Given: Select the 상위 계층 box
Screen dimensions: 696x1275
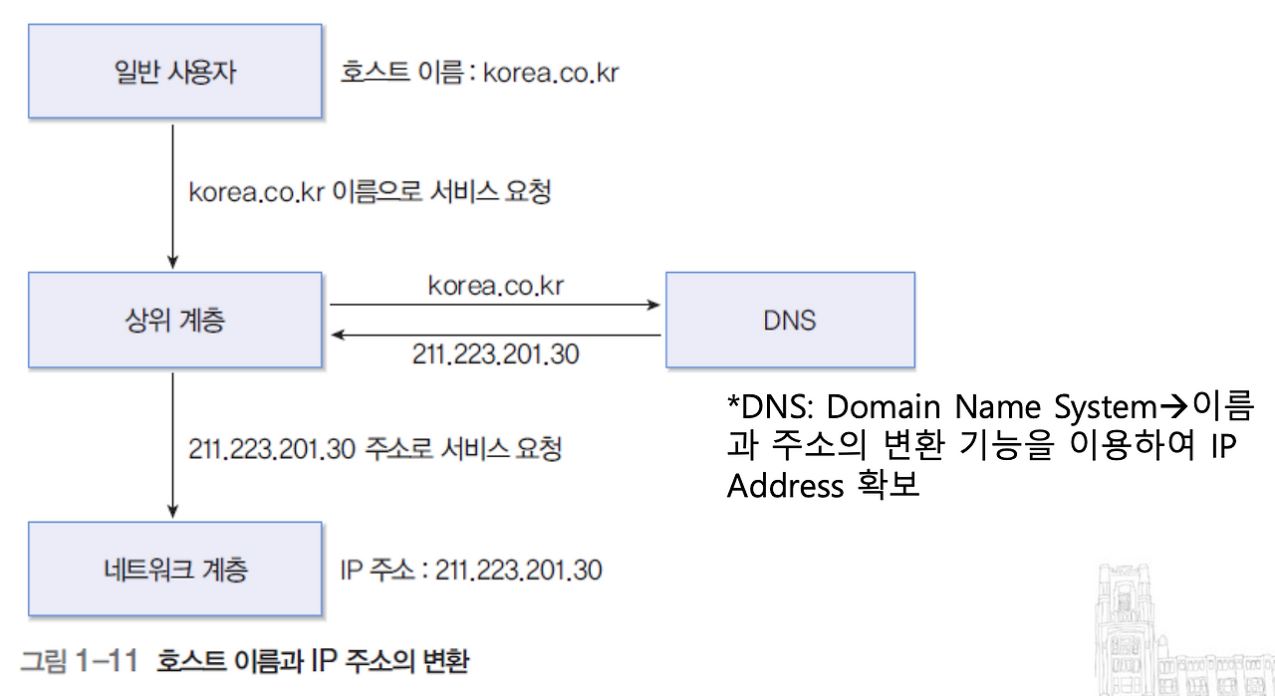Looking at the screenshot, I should (x=174, y=321).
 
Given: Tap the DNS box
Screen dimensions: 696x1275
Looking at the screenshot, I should (x=789, y=321).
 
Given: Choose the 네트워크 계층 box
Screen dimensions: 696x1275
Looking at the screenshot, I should (x=174, y=569).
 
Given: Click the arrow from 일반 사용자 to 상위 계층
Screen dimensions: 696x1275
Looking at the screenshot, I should (x=173, y=195).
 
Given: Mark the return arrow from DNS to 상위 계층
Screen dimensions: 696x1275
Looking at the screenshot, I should (x=495, y=336).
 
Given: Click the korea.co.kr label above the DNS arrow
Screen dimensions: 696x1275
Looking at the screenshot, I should (x=496, y=287).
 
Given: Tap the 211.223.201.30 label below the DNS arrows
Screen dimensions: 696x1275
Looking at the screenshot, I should (x=495, y=354).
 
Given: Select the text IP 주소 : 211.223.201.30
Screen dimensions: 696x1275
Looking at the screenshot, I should (x=471, y=570).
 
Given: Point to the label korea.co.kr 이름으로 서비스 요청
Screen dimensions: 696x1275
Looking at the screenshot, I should (x=370, y=191).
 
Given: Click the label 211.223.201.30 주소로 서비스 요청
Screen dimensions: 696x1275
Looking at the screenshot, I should (x=375, y=448).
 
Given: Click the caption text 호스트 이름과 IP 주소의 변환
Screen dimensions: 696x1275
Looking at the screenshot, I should (x=313, y=661).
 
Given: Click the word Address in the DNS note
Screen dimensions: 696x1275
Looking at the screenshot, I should (x=786, y=487).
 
